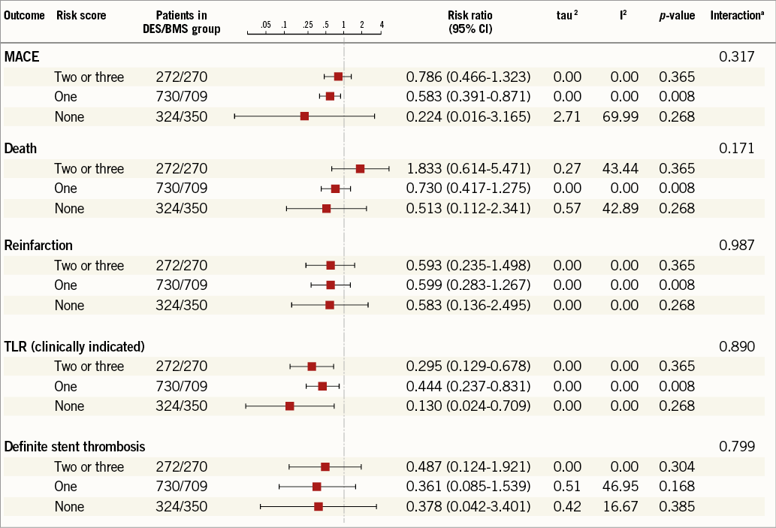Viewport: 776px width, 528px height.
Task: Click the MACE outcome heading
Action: click(x=22, y=56)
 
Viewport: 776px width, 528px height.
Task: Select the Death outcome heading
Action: click(x=20, y=149)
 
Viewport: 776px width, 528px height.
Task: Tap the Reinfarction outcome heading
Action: click(x=38, y=246)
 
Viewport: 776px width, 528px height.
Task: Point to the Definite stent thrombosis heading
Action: click(x=74, y=447)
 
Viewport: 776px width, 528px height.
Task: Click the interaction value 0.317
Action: click(x=737, y=56)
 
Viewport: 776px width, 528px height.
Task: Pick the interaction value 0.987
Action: click(x=737, y=246)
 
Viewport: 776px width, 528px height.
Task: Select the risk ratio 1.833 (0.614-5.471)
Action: click(x=469, y=169)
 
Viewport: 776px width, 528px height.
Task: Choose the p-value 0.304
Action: click(x=677, y=467)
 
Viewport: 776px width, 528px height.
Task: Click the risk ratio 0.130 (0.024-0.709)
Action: click(x=469, y=406)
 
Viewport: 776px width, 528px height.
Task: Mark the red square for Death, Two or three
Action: click(x=361, y=169)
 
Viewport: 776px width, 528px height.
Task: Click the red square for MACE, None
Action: click(x=304, y=116)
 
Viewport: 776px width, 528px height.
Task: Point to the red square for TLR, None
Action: click(x=290, y=406)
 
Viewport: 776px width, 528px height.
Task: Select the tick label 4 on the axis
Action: click(x=382, y=25)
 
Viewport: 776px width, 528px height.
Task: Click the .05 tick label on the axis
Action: click(x=265, y=25)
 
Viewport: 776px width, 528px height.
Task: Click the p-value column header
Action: click(x=677, y=16)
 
